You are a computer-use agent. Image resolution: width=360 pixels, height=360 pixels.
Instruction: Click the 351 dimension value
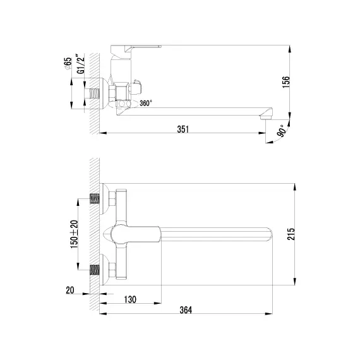point(183,128)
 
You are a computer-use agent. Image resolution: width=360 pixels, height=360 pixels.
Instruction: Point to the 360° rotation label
point(145,104)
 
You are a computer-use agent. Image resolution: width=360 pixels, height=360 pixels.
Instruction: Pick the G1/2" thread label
point(80,65)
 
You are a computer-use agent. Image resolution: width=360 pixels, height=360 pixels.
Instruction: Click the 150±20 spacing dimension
point(74,233)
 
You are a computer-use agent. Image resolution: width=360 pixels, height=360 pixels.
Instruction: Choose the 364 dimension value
point(185,310)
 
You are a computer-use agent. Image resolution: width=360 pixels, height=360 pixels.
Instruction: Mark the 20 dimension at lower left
point(69,290)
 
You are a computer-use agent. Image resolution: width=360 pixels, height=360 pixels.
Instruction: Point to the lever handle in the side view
point(136,48)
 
